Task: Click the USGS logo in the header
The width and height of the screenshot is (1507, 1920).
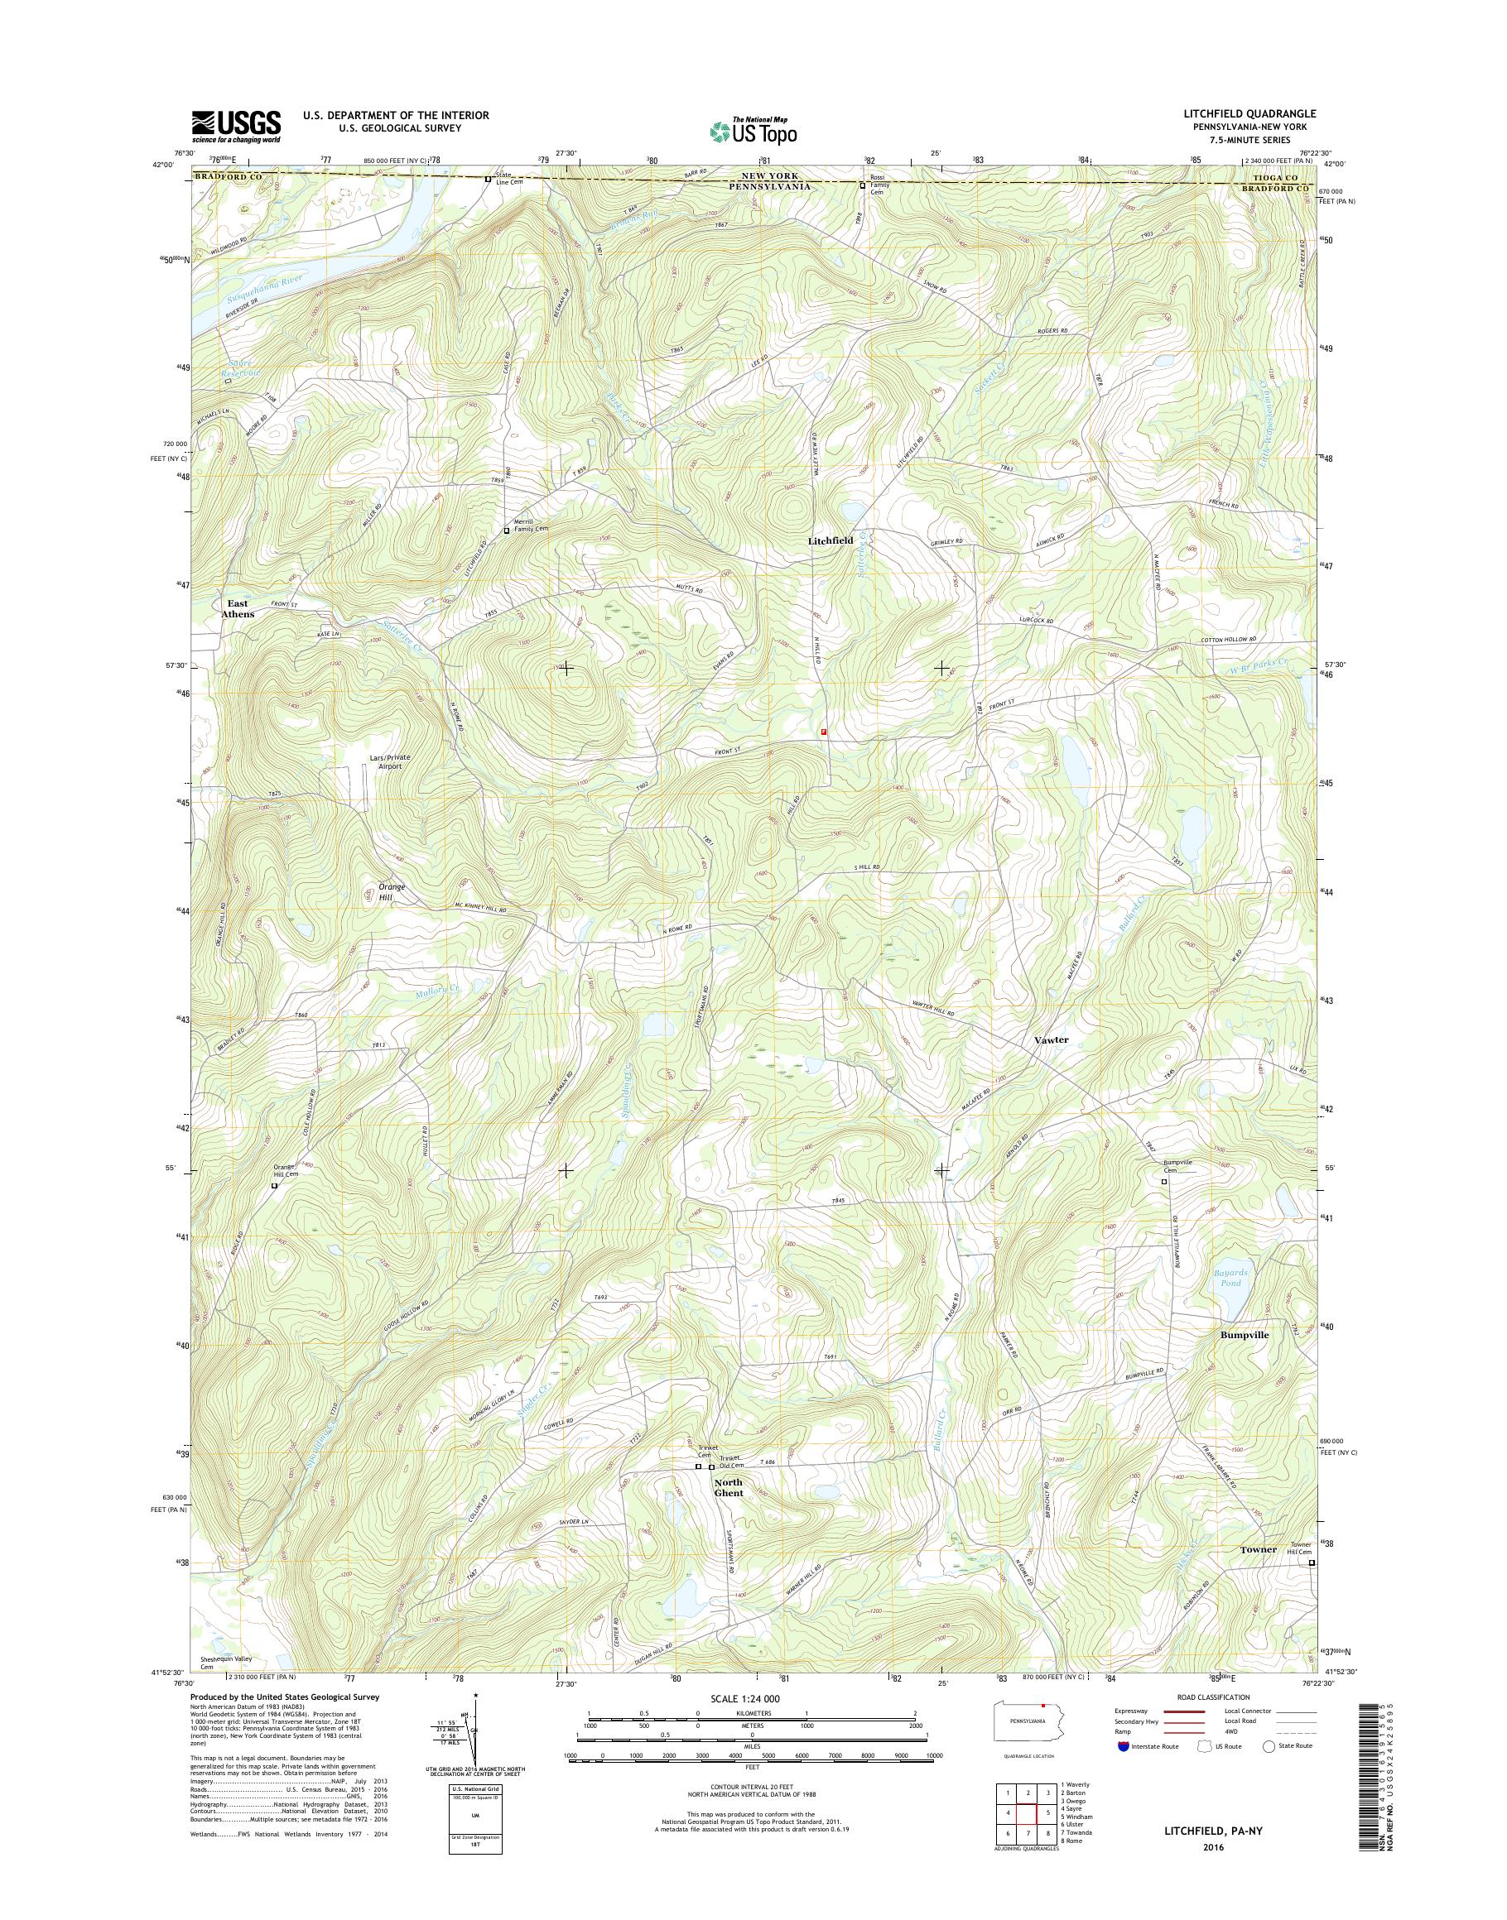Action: click(237, 126)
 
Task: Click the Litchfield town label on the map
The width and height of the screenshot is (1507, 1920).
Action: click(831, 540)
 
